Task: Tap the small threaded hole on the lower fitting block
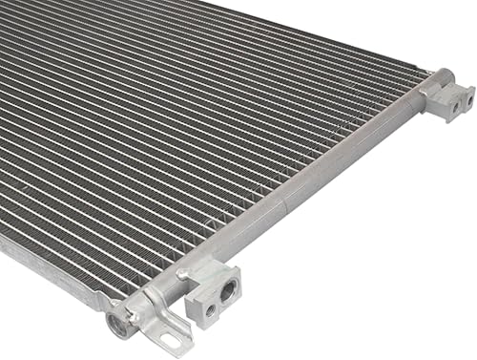(x=209, y=309)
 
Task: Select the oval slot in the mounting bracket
(x=173, y=340)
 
